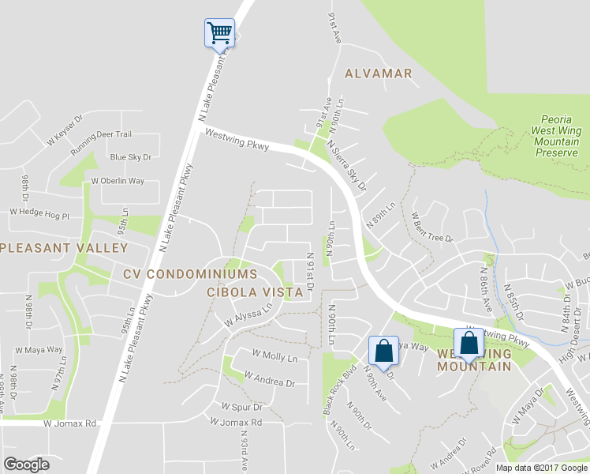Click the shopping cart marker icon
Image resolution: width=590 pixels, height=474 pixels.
coord(220,34)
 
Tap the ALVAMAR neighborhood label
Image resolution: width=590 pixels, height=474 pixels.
coord(379,73)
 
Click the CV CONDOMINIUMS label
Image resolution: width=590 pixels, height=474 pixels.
coord(190,274)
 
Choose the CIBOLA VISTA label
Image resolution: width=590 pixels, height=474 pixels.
coord(255,292)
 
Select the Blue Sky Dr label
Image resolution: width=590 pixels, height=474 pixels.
coord(130,157)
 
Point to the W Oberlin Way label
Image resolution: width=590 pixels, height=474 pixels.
coord(118,181)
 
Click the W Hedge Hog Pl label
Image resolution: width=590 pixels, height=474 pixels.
coord(39,213)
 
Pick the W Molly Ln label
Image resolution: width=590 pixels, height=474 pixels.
coord(274,358)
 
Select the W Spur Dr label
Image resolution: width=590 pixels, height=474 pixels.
coord(241,407)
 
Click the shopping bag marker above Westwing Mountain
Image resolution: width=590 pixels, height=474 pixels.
coord(469,345)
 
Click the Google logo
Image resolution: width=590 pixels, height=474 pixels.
coord(26,465)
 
